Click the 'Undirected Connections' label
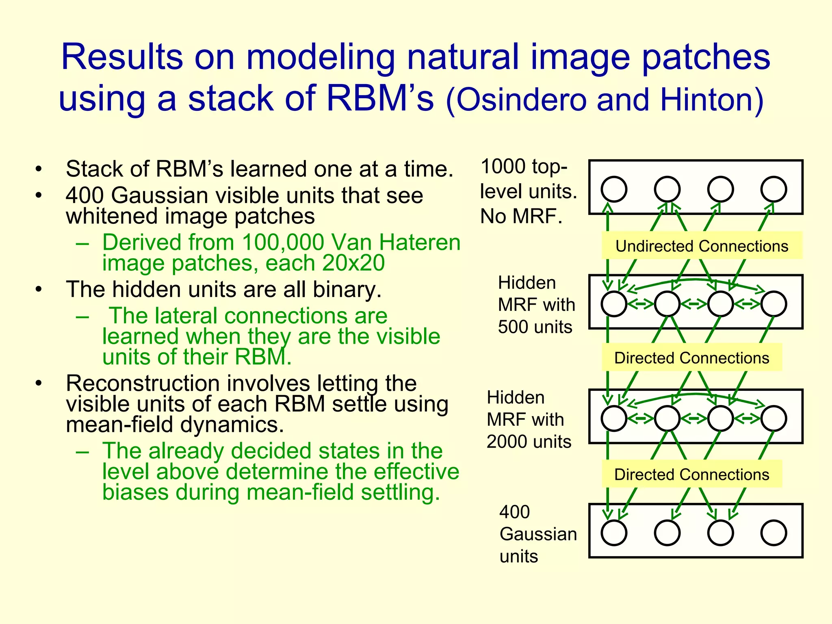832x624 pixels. [702, 246]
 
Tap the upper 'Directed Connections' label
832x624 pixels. [691, 357]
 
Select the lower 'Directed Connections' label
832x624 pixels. [691, 474]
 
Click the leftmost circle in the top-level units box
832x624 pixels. [614, 189]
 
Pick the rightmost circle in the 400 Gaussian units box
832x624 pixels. [773, 533]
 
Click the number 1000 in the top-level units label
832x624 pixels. [503, 167]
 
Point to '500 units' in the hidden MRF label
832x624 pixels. [535, 327]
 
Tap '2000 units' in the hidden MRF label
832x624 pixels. [529, 441]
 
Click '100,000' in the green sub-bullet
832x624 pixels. [283, 242]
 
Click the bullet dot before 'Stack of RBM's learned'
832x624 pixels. [39, 169]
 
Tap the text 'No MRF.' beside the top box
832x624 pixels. [521, 216]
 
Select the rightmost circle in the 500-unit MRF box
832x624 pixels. [773, 304]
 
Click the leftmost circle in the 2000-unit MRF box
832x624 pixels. [614, 418]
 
